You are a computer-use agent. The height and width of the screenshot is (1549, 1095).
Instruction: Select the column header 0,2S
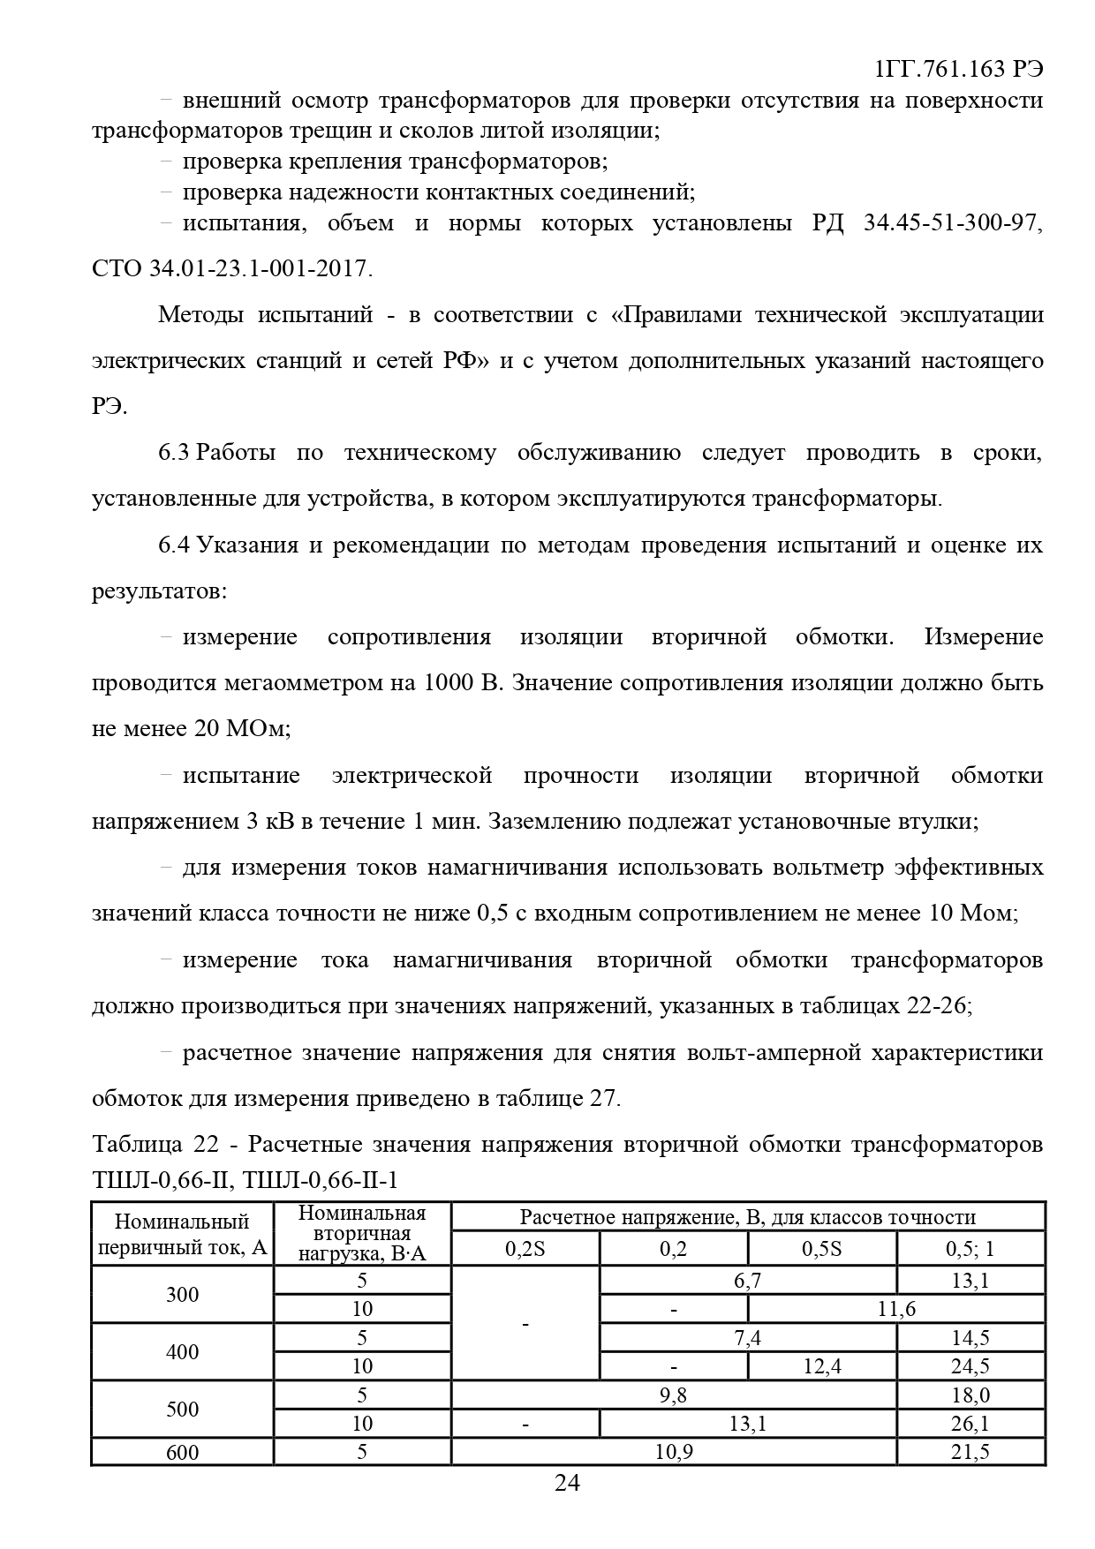click(x=525, y=1249)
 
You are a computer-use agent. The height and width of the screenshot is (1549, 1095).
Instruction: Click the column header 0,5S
click(x=821, y=1249)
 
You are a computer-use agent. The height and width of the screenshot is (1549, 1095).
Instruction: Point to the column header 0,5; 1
click(x=970, y=1249)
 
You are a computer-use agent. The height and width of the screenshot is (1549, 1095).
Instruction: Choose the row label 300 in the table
click(x=182, y=1295)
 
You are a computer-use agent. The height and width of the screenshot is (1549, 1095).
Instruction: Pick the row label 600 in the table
click(x=182, y=1452)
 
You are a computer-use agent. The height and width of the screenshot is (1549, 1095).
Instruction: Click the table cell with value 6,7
click(x=747, y=1281)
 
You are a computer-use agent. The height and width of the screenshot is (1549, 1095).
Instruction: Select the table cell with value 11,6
click(x=896, y=1309)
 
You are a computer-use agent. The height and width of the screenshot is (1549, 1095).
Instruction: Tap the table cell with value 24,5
click(x=970, y=1366)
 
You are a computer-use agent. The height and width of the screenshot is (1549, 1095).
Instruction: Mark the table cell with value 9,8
click(x=673, y=1395)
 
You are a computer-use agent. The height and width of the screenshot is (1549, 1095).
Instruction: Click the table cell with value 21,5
click(x=970, y=1452)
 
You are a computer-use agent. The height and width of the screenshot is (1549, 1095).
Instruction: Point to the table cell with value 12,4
click(x=821, y=1366)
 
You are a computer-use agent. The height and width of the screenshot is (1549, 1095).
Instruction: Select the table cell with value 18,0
click(x=970, y=1395)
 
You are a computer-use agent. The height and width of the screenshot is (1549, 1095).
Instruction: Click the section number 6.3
click(x=174, y=453)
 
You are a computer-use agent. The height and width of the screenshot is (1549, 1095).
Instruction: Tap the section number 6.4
click(x=174, y=545)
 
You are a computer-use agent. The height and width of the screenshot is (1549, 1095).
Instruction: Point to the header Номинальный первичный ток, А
click(x=182, y=1235)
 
